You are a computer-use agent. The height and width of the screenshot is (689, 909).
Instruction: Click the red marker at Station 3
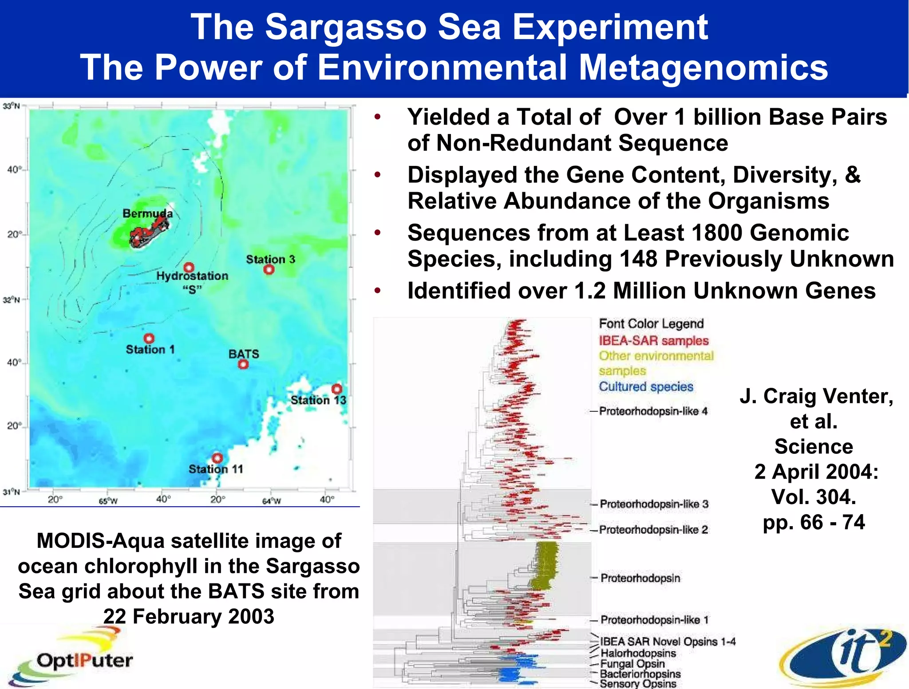click(x=269, y=269)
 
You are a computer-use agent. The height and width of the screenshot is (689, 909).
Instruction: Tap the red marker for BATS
click(x=243, y=364)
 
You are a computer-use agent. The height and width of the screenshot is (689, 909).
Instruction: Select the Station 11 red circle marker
click(x=217, y=458)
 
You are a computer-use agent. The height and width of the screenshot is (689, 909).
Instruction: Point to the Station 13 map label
click(x=318, y=400)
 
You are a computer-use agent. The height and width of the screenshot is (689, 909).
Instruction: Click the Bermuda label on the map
click(x=147, y=213)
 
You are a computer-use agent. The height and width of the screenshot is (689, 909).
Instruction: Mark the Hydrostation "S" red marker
click(x=189, y=268)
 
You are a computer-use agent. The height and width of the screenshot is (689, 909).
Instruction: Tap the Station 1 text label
click(x=150, y=350)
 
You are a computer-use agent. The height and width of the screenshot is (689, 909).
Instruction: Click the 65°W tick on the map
click(x=108, y=501)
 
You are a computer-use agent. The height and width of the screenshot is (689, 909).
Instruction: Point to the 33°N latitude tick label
click(x=12, y=106)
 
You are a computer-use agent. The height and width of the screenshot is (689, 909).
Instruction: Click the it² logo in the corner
click(x=843, y=657)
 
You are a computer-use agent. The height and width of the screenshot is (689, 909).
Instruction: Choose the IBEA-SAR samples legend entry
click(x=653, y=341)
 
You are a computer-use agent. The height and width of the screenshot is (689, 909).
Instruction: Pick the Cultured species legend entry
click(x=646, y=386)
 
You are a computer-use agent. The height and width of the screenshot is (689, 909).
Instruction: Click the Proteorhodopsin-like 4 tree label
click(x=653, y=411)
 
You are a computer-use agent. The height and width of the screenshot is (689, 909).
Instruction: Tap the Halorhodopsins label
click(x=638, y=653)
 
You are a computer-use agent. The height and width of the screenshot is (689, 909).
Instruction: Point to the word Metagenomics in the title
click(x=703, y=67)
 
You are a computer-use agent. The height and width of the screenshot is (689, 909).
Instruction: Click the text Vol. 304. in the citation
click(x=814, y=496)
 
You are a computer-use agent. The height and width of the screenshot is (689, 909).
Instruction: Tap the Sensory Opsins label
click(x=638, y=684)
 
